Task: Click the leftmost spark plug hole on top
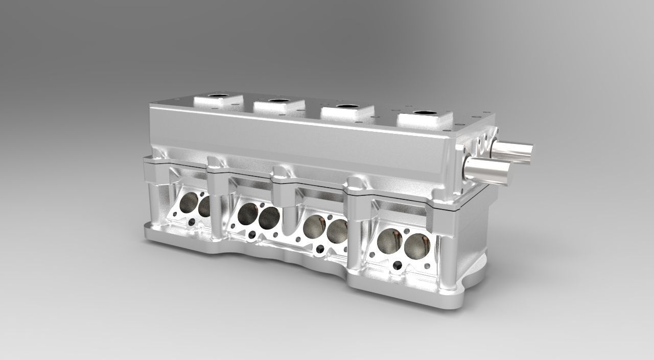coord(220,97)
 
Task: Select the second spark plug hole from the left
coord(279,101)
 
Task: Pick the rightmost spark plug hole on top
coord(424,113)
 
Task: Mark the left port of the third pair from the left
coord(312,226)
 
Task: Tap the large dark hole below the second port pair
coord(252,234)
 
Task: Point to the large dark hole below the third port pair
coord(320,249)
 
